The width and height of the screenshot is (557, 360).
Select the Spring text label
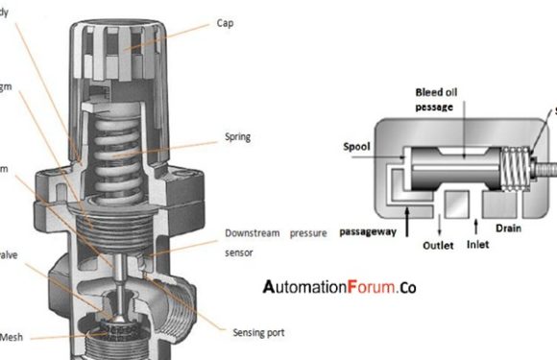pyautogui.click(x=237, y=137)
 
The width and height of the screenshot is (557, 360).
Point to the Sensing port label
pyautogui.click(x=258, y=332)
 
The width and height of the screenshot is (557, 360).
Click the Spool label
pyautogui.click(x=358, y=149)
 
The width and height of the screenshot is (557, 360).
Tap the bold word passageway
pyautogui.click(x=368, y=232)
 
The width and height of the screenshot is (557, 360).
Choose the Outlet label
pyautogui.click(x=443, y=245)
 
